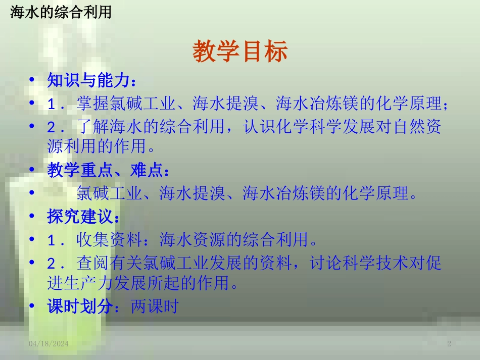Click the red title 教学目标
pyautogui.click(x=240, y=51)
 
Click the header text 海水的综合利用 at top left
pyautogui.click(x=61, y=12)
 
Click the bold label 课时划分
pyautogui.click(x=80, y=306)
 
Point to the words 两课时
pyautogui.click(x=155, y=306)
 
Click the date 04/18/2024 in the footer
pyautogui.click(x=49, y=344)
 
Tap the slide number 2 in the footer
pyautogui.click(x=449, y=344)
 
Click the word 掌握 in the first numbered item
pyautogui.click(x=93, y=103)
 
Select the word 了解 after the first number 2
pyautogui.click(x=93, y=126)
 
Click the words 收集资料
pyautogui.click(x=109, y=239)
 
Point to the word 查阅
pyautogui.click(x=93, y=263)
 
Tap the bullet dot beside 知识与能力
pyautogui.click(x=32, y=80)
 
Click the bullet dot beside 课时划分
pyautogui.click(x=32, y=305)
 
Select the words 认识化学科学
pyautogui.click(x=293, y=126)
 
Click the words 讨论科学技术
pyautogui.click(x=359, y=263)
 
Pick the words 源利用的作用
pyautogui.click(x=97, y=146)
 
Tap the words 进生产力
pyautogui.click(x=80, y=283)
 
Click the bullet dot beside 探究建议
pyautogui.click(x=32, y=216)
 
